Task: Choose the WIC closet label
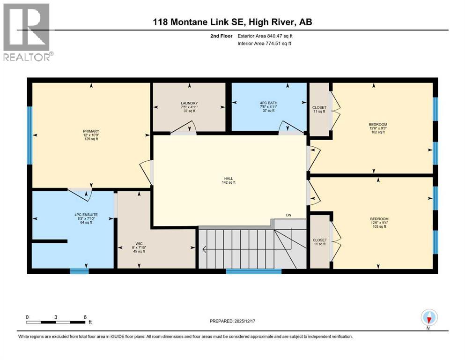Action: pos(139,247)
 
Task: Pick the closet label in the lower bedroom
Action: pos(319,242)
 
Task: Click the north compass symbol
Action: pos(429,318)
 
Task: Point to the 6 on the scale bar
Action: pos(85,317)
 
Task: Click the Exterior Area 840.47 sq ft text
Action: pos(267,36)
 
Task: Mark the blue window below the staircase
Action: pos(253,271)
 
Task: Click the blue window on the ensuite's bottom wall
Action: pos(79,271)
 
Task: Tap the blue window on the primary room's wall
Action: pos(30,135)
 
